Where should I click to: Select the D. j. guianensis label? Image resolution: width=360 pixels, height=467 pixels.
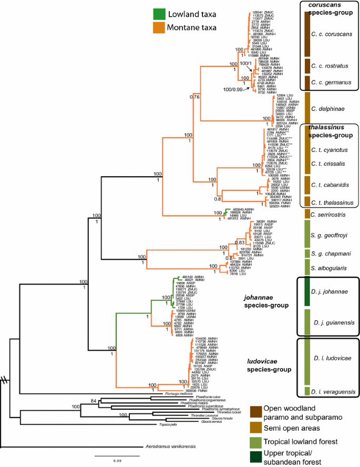[x=333, y=322]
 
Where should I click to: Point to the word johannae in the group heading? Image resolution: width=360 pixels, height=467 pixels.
[x=258, y=297]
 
